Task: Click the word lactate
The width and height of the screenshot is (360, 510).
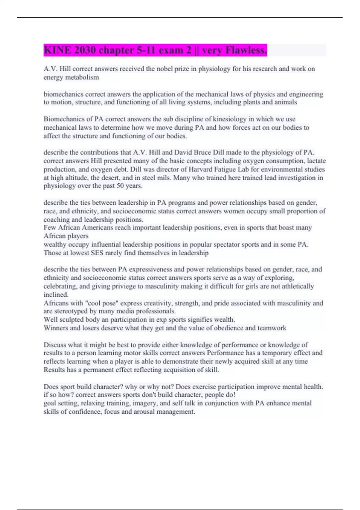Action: pyautogui.click(x=316, y=161)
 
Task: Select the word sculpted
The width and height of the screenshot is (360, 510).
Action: pyautogui.click(x=72, y=319)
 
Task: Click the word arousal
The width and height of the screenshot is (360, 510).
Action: pyautogui.click(x=144, y=411)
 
